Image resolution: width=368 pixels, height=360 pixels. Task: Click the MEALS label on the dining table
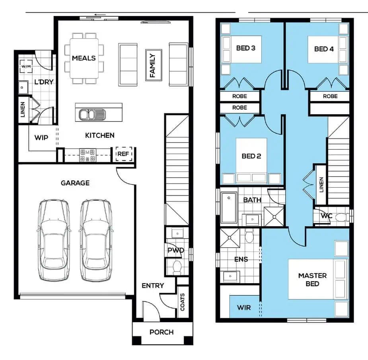point(84,58)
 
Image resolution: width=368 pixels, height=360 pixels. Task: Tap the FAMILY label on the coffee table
point(152,65)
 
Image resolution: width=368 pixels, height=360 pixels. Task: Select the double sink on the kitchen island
point(92,115)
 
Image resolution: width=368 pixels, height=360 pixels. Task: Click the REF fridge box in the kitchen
point(124,154)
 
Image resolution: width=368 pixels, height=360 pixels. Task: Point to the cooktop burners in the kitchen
point(88,155)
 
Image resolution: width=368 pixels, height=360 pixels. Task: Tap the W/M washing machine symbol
point(26,67)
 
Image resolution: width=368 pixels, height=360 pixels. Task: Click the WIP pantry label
point(41,138)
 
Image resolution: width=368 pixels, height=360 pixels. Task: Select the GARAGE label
point(75,183)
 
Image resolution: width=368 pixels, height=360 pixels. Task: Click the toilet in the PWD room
point(177,268)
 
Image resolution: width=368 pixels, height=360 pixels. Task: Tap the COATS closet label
point(182,302)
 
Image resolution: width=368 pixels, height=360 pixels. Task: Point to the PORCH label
point(162,332)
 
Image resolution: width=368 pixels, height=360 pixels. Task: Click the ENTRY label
point(153,286)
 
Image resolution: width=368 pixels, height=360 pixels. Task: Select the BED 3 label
point(246,48)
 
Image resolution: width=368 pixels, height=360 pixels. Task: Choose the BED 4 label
point(324,49)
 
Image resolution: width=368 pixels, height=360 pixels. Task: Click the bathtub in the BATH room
point(229,207)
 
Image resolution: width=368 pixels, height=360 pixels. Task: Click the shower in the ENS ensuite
point(230,238)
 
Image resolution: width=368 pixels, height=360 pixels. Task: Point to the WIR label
point(244,307)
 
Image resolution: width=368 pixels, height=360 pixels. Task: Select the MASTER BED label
point(312,280)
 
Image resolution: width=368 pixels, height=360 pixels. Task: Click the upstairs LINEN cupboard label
point(321,184)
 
